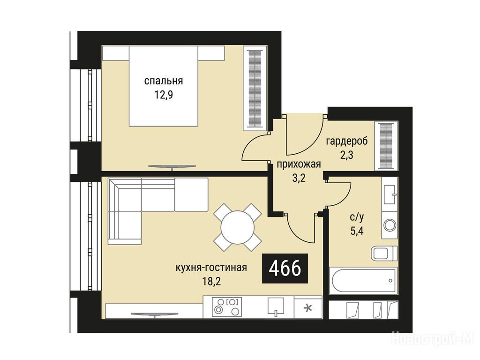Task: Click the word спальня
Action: click(x=164, y=81)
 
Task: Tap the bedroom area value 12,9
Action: click(x=164, y=95)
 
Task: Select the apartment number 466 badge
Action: click(x=285, y=268)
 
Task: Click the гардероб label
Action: click(x=347, y=142)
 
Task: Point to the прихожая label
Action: click(x=299, y=165)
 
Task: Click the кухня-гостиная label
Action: click(x=211, y=268)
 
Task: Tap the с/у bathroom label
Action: click(x=357, y=217)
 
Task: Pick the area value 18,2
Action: click(x=211, y=281)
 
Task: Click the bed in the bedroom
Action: click(x=164, y=86)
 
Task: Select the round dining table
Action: click(x=238, y=227)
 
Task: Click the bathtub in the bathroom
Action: click(x=363, y=281)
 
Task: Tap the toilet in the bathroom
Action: click(x=384, y=254)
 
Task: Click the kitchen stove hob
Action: click(x=227, y=307)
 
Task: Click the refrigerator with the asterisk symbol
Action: click(x=308, y=307)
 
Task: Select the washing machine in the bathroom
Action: click(x=390, y=225)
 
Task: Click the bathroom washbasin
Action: click(x=390, y=195)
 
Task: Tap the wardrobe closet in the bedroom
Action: click(x=255, y=89)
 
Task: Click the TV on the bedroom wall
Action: click(x=172, y=167)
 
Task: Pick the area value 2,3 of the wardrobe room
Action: click(x=347, y=155)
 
